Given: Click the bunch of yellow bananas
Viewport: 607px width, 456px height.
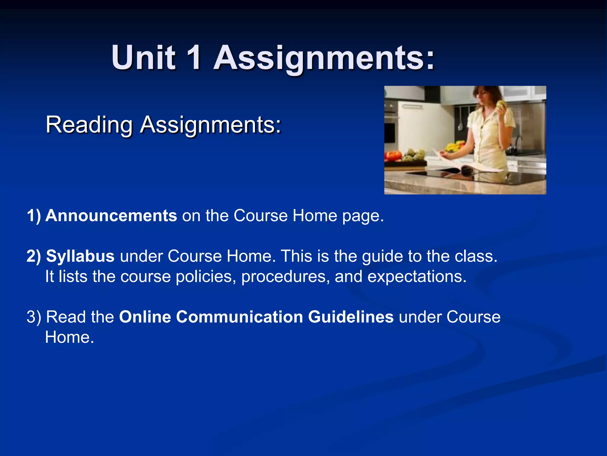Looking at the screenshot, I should coord(455,146).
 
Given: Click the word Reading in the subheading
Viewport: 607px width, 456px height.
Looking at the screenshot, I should coord(89,125).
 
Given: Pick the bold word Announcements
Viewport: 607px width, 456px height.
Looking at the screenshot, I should coord(111,216).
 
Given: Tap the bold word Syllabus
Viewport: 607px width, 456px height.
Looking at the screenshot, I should coord(80,256).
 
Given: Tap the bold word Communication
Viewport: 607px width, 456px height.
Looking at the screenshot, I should coord(239,317).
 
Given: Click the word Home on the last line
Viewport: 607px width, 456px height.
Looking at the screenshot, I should coord(69,337).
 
